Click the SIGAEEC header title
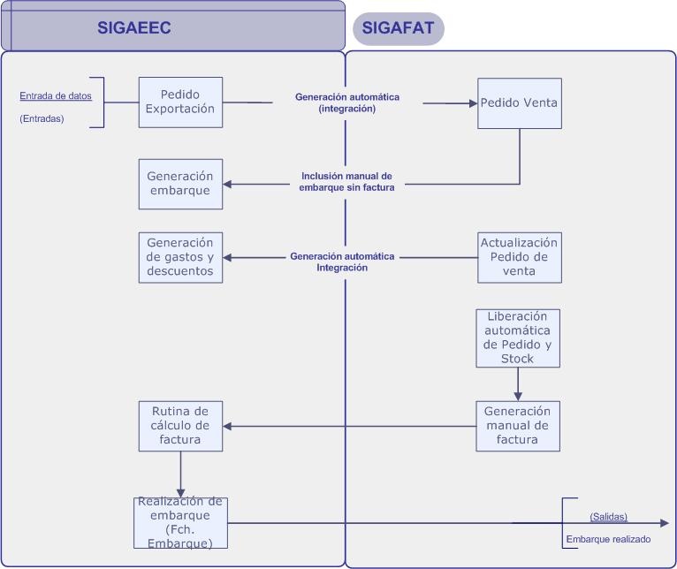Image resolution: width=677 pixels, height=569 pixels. click(133, 28)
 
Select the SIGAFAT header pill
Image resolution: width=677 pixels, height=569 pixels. click(398, 28)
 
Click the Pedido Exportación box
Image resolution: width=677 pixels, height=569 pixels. click(180, 102)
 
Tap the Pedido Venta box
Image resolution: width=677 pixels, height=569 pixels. click(519, 102)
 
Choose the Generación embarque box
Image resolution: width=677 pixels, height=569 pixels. click(180, 184)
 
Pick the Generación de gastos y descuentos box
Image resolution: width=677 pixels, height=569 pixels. click(180, 257)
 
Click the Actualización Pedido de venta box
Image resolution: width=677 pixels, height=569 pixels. click(519, 257)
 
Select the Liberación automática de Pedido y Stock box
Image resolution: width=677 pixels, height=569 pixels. click(518, 338)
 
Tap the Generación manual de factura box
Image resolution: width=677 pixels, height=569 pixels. click(518, 426)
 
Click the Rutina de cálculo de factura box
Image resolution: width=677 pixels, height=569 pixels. click(180, 426)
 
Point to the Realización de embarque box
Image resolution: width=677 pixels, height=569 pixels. click(180, 522)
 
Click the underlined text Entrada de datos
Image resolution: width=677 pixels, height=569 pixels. click(56, 95)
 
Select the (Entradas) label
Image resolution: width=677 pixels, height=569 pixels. click(42, 118)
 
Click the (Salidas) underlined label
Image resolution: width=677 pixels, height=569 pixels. click(608, 516)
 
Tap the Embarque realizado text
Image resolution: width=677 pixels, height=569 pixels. click(608, 539)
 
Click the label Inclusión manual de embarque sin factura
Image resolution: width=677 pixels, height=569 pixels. click(346, 181)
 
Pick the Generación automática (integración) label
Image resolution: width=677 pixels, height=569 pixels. click(346, 102)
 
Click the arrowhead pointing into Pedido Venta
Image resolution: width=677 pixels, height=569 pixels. click(472, 103)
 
